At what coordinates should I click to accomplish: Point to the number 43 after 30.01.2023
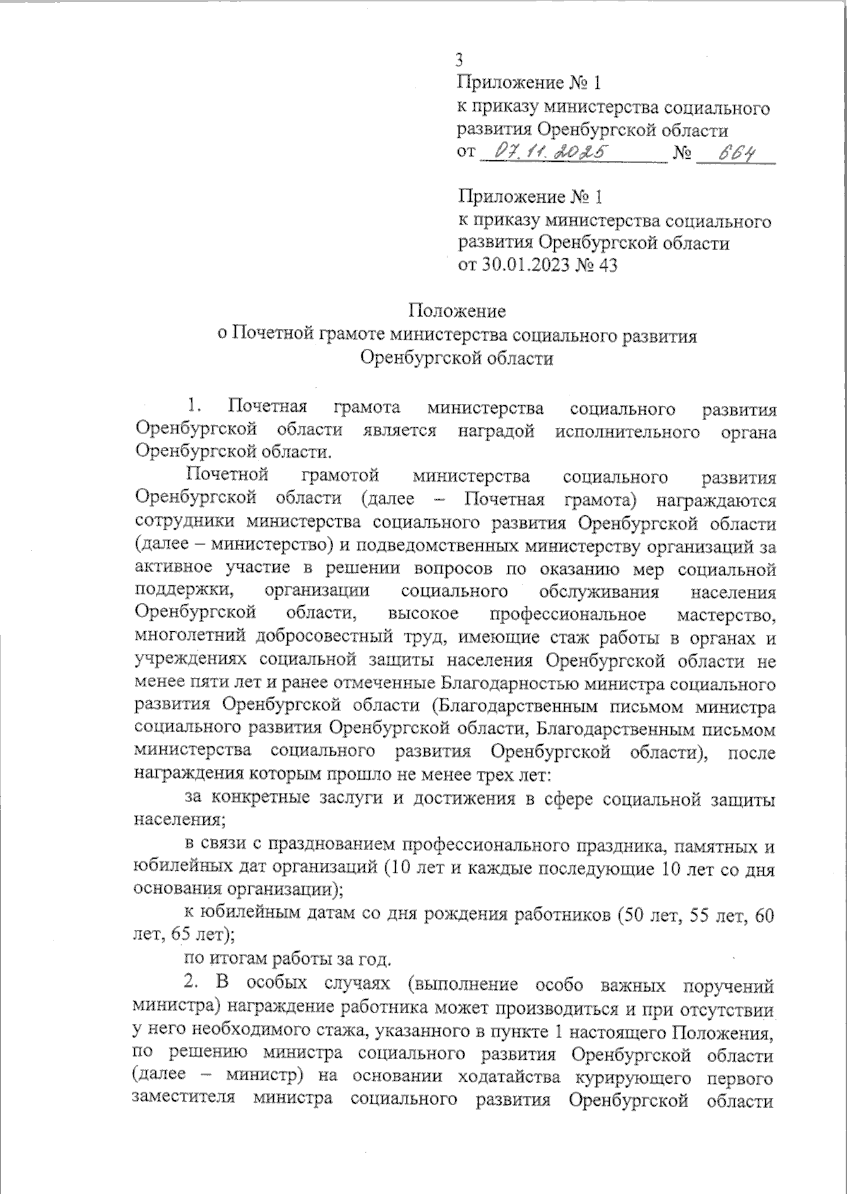(608, 265)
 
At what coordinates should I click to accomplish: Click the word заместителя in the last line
(186, 1100)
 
